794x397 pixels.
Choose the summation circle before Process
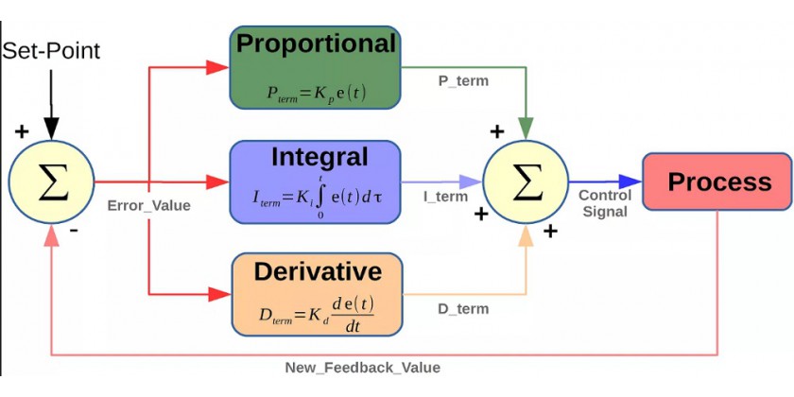526,181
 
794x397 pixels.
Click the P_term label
463,81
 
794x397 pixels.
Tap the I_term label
446,197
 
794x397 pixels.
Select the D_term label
463,309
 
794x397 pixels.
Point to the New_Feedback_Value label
363,368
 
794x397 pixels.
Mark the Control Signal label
605,203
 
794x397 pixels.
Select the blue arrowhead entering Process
630,181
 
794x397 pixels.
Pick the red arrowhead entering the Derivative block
219,294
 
